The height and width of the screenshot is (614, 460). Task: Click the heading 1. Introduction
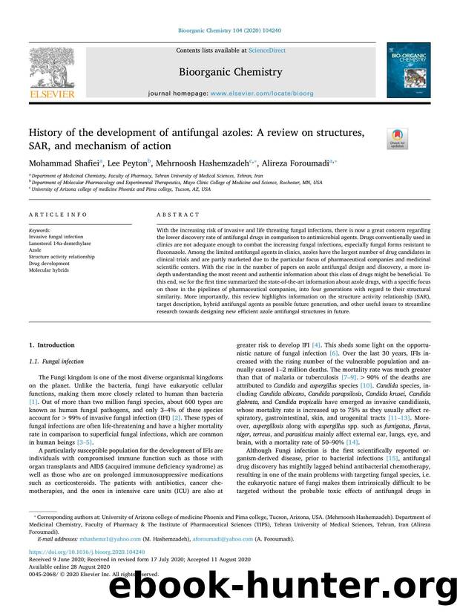pos(51,345)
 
